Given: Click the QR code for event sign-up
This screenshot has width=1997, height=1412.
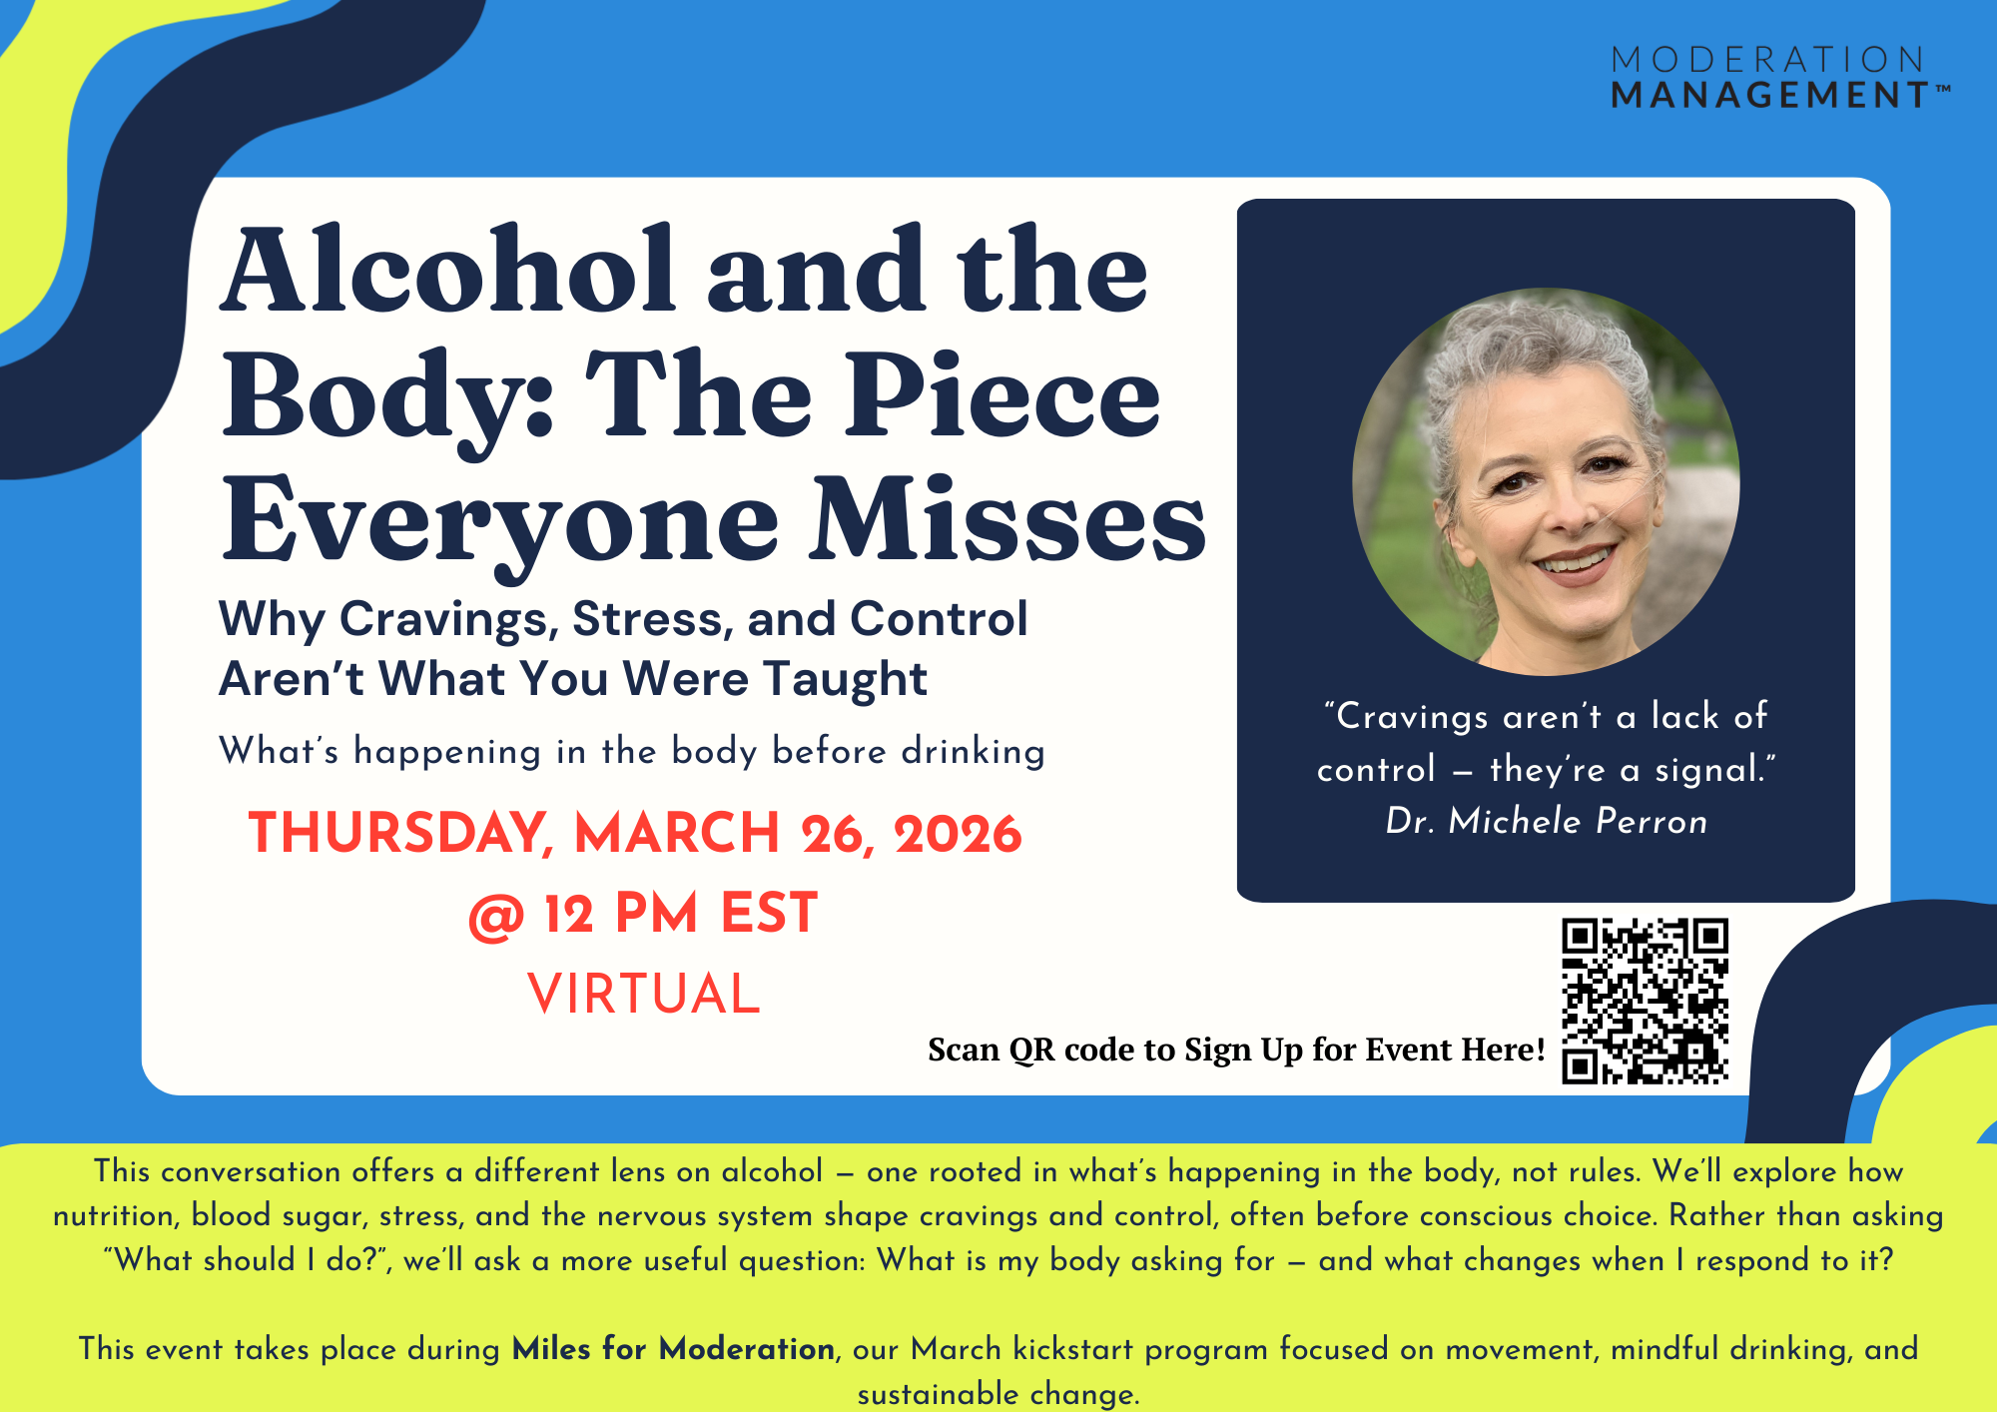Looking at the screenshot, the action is (1645, 1001).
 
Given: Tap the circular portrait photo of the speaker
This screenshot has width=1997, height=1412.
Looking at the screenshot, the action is (1546, 482).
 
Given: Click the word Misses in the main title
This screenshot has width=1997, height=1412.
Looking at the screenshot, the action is (1007, 519).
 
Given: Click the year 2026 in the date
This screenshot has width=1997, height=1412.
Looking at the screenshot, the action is (958, 834).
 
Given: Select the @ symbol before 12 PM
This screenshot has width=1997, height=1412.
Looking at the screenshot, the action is (496, 915).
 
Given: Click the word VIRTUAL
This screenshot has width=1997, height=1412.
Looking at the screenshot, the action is (644, 995).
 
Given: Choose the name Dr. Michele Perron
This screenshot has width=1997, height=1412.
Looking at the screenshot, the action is (1546, 821).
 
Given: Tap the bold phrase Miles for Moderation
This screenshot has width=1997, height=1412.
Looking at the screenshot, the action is (674, 1349).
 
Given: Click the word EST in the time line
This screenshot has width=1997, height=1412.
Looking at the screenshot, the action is (769, 914).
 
